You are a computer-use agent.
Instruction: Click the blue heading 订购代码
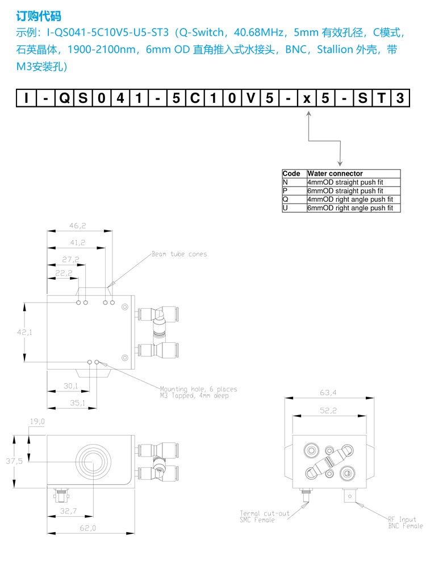click(39, 16)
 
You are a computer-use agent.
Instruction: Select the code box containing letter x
click(307, 98)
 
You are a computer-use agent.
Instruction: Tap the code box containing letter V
click(251, 98)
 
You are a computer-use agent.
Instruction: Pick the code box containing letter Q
click(64, 98)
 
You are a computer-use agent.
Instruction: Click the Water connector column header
click(335, 173)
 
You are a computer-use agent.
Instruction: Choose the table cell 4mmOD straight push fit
click(345, 182)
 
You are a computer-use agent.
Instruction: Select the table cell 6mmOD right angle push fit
click(350, 208)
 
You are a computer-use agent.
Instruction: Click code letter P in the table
click(286, 190)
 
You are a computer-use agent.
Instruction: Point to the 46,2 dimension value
click(78, 226)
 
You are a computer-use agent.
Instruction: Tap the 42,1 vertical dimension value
click(24, 333)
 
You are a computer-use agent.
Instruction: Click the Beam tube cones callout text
click(179, 254)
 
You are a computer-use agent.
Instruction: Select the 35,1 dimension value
click(77, 403)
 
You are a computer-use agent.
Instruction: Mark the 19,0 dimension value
click(37, 421)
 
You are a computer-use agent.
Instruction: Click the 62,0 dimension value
click(87, 528)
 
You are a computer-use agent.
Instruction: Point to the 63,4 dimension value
click(328, 392)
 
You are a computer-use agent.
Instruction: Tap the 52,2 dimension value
click(328, 410)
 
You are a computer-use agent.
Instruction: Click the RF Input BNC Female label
click(405, 522)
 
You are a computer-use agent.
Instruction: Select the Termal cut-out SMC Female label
click(265, 516)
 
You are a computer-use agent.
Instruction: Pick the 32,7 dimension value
click(68, 511)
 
